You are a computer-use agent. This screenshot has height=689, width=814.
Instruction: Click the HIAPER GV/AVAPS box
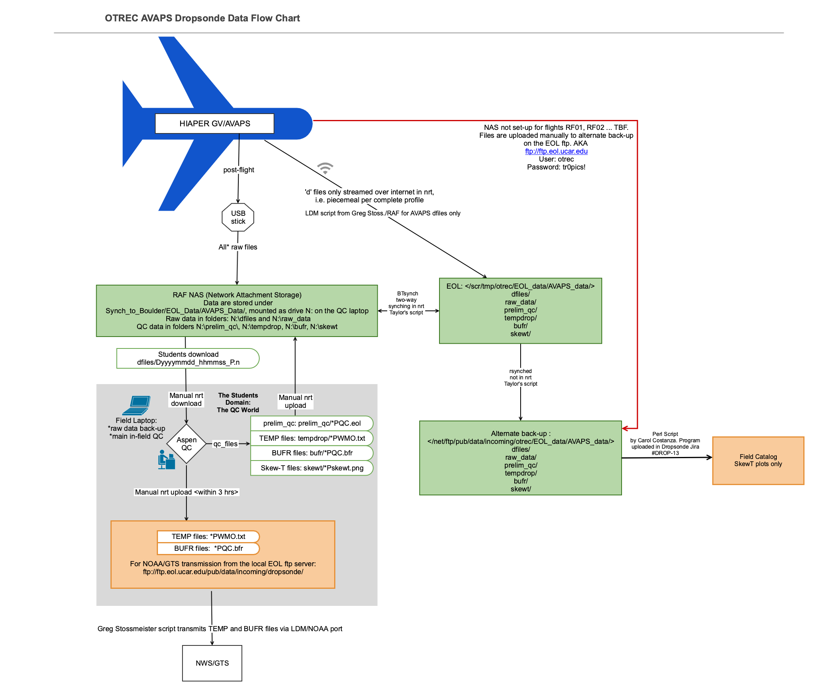[214, 124]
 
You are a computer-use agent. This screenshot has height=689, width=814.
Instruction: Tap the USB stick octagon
[238, 217]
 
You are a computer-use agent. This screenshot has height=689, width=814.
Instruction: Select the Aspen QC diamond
[186, 444]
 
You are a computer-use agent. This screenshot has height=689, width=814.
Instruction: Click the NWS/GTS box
[212, 663]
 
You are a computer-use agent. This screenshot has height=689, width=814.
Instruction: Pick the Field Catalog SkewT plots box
[758, 461]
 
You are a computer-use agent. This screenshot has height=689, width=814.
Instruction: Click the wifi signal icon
[325, 168]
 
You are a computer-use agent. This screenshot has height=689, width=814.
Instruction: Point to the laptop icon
[137, 405]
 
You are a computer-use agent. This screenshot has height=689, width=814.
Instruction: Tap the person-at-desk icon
[166, 460]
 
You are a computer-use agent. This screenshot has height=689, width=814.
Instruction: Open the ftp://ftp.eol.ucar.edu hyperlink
[556, 151]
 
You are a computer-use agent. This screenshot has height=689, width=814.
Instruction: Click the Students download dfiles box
[188, 358]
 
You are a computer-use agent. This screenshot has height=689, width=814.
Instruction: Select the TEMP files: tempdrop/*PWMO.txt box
[312, 438]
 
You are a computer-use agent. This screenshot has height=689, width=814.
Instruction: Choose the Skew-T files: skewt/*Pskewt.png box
[312, 468]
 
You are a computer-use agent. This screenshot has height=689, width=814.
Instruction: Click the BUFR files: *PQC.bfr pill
[208, 548]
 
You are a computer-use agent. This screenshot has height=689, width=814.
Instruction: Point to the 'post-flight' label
[239, 170]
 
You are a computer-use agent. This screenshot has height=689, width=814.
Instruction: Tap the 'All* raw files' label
[238, 247]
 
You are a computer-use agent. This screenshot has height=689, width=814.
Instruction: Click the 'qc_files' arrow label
[225, 444]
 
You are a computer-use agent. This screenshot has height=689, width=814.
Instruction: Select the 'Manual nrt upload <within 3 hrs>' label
[186, 492]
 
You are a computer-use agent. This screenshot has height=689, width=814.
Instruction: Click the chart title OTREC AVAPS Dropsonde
[202, 18]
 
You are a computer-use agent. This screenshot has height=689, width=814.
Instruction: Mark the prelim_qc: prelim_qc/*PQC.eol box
[312, 423]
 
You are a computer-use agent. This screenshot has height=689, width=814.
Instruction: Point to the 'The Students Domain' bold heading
[238, 402]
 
